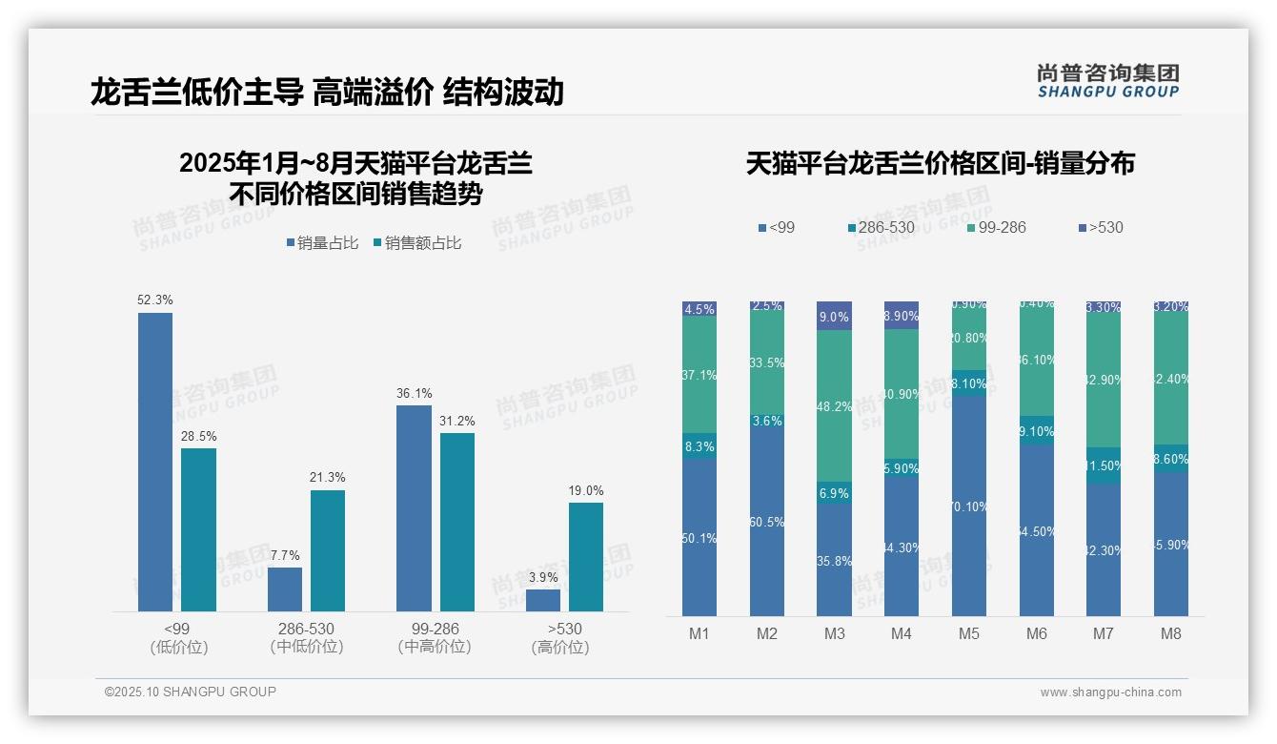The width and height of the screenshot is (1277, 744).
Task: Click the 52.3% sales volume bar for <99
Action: coord(155,462)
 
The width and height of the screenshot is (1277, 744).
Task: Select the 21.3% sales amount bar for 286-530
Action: coord(328,550)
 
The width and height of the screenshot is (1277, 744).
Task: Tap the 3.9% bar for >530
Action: coord(543,600)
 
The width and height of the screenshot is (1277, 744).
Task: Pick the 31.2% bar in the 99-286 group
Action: coord(457,522)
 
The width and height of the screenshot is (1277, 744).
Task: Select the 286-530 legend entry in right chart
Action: coord(882,227)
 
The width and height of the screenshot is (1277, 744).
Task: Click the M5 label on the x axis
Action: coord(969,633)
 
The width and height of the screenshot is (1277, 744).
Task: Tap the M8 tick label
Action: coord(1171,633)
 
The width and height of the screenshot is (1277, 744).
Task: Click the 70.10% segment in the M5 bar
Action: coord(969,506)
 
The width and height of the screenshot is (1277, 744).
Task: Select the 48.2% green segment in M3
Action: coord(835,405)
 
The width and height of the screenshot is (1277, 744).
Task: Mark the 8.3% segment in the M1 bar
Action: coord(699,446)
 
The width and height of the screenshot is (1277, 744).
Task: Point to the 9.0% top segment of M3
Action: coord(835,316)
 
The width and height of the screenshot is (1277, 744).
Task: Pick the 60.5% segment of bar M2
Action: coord(767,522)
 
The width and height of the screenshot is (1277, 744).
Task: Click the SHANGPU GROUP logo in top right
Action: coord(1108,81)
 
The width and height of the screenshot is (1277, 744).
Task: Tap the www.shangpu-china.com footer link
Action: coord(1110,692)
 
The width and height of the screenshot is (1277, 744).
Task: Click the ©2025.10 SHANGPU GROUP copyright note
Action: coord(191,692)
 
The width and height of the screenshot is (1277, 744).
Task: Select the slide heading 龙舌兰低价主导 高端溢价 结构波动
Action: coord(327,92)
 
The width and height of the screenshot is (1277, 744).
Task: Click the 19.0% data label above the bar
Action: coord(586,490)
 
